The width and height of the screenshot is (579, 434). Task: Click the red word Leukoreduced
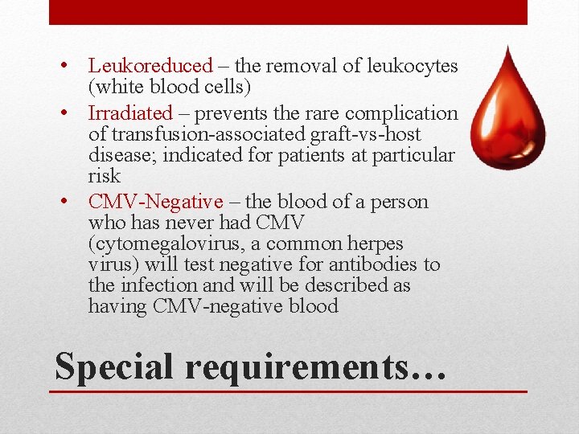(x=150, y=66)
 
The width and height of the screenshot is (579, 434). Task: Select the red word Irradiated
(x=130, y=114)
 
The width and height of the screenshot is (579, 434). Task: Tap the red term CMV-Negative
(x=155, y=202)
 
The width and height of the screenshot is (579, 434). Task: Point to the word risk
(x=105, y=176)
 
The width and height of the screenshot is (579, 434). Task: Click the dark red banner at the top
(x=288, y=12)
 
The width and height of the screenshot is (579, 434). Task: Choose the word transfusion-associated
(x=193, y=135)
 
